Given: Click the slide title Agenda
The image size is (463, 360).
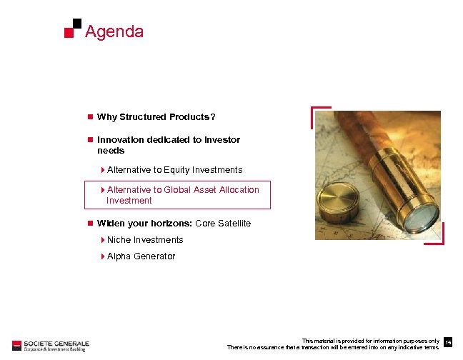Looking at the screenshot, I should click(114, 31).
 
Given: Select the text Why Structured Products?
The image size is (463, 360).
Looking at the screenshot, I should click(156, 117).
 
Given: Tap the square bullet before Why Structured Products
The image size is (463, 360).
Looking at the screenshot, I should click(89, 117).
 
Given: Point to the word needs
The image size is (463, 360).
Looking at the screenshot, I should click(111, 151).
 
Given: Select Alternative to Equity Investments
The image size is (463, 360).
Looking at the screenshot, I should click(174, 170).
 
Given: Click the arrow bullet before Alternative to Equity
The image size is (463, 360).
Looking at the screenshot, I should click(103, 170).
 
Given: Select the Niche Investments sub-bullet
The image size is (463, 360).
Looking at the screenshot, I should click(144, 240).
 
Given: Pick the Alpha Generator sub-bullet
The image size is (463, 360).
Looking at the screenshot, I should click(141, 256).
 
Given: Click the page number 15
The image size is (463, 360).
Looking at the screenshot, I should click(448, 344).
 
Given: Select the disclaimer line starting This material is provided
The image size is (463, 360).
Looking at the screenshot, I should click(370, 341).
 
